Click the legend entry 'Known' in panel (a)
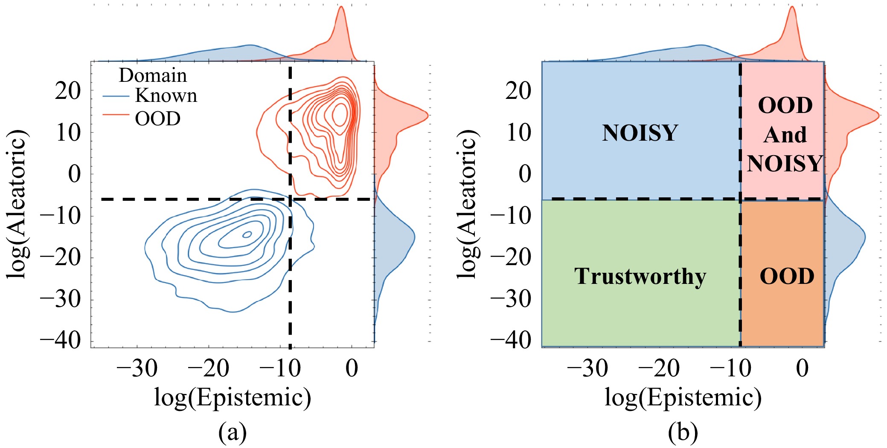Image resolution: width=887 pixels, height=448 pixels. pos(166,96)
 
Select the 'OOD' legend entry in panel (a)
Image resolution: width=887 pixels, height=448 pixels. pos(157,119)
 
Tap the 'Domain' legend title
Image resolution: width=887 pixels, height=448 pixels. pos(153,76)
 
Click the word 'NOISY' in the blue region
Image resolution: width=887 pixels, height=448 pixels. pos(640,133)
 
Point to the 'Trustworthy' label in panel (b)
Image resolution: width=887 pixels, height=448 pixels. pos(640,276)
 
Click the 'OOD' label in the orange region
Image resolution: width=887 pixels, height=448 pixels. pos(787,276)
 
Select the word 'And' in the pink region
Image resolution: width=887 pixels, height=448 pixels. pos(785,135)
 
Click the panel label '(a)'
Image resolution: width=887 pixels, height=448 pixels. pos(232,433)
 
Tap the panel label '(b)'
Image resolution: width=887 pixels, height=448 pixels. pos(683,433)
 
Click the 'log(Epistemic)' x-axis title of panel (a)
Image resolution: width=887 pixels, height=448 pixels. pos(232,397)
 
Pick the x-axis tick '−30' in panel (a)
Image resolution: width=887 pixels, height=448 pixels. pos(137,368)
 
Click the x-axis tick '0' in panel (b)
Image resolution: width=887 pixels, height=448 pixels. pos(802,368)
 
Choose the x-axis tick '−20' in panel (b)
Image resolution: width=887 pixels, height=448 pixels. pos(659,368)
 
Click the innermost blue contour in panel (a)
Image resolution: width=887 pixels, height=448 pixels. pos(247,234)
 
